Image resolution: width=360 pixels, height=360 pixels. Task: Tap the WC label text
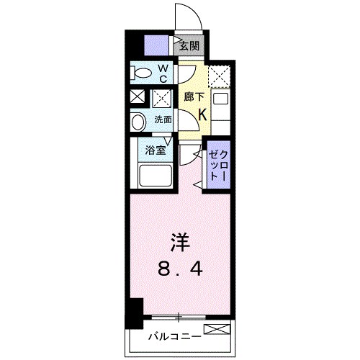(163, 73)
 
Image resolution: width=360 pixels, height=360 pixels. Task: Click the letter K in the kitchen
(202, 114)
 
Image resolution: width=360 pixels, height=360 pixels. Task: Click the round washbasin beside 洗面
(138, 121)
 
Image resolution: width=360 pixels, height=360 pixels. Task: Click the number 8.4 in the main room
(179, 271)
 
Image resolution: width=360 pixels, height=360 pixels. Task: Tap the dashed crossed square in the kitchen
(219, 75)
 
